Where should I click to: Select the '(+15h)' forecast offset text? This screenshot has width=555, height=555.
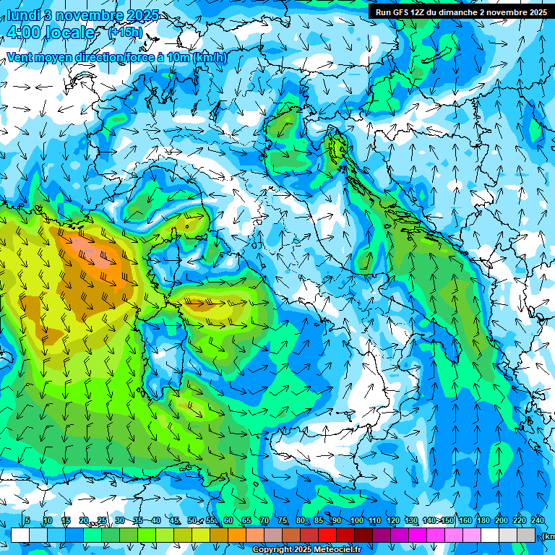pyautogui.click(x=125, y=33)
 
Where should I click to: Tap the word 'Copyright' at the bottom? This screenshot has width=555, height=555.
pyautogui.click(x=274, y=550)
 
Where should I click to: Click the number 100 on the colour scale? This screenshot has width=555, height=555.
pyautogui.click(x=357, y=520)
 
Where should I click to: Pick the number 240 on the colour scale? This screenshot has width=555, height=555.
pyautogui.click(x=538, y=520)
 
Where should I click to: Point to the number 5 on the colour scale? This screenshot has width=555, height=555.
pyautogui.click(x=27, y=520)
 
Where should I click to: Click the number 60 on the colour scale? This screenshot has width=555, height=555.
pyautogui.click(x=228, y=520)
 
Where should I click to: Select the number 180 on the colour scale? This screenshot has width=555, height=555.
pyautogui.click(x=483, y=520)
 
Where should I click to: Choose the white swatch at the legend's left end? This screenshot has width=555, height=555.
pyautogui.click(x=20, y=535)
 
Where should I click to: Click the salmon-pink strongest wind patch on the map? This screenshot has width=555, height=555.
pyautogui.click(x=98, y=253)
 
